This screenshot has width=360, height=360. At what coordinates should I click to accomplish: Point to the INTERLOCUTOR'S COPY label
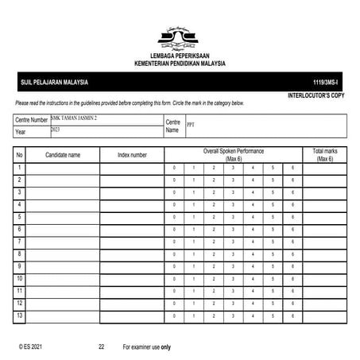(x=316, y=95)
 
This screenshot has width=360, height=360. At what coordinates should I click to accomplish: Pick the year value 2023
(x=56, y=129)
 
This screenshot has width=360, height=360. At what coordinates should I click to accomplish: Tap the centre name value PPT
(x=191, y=125)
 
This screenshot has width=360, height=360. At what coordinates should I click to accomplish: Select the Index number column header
(x=132, y=155)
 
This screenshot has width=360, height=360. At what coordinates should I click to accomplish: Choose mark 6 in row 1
(x=292, y=168)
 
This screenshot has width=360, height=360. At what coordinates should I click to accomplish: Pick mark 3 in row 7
(x=233, y=242)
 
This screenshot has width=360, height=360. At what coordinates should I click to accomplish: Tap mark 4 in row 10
(x=253, y=280)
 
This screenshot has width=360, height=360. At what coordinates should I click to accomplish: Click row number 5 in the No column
(x=19, y=218)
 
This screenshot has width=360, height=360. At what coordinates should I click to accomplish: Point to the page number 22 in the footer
(x=101, y=347)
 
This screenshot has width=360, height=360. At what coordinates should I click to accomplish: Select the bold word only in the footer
(x=165, y=347)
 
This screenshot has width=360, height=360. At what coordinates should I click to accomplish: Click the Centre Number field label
(x=32, y=119)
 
